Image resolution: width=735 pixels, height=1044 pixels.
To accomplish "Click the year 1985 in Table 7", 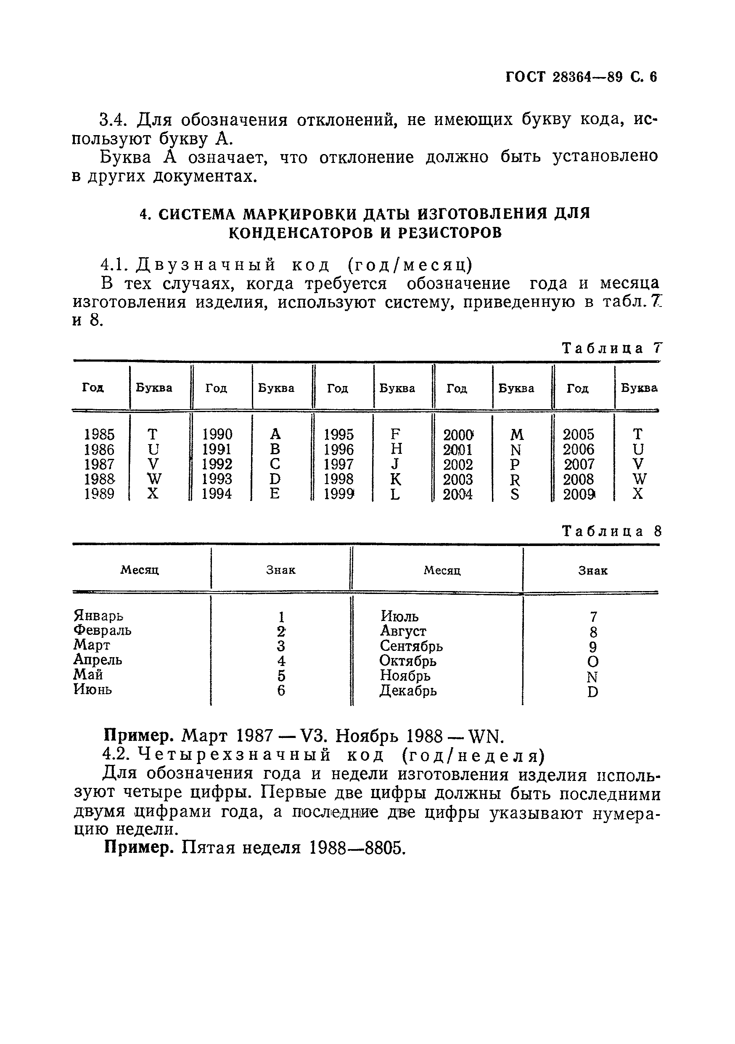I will (99, 434).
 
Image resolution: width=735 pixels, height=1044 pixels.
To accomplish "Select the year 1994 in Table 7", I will (217, 494).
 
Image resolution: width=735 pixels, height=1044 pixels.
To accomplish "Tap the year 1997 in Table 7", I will (338, 464).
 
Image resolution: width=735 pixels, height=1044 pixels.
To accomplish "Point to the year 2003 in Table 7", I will (458, 479).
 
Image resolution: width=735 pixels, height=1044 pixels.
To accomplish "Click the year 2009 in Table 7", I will (579, 494).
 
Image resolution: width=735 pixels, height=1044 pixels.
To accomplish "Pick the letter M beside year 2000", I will (517, 435).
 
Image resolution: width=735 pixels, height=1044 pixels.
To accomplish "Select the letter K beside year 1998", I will (396, 479).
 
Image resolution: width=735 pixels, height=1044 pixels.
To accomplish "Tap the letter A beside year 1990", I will (275, 434).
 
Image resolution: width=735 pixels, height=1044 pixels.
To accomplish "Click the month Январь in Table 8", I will (98, 616).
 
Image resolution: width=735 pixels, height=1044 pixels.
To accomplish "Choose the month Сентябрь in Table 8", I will (411, 646).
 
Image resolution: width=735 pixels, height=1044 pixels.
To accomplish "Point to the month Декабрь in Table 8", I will (408, 691).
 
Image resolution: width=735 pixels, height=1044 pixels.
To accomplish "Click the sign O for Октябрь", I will (593, 662).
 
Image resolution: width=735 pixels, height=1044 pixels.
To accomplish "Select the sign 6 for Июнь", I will (281, 691).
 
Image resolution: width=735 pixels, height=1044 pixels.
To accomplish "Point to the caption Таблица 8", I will (611, 531).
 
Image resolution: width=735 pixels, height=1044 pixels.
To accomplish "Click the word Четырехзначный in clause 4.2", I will (234, 755).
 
